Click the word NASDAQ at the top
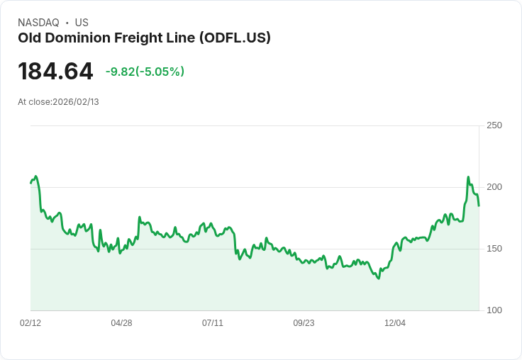point(38,23)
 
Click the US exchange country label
point(82,23)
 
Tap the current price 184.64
point(55,72)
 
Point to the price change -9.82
point(119,72)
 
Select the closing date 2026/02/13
point(76,102)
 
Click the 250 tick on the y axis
point(494,125)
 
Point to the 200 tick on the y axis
point(494,187)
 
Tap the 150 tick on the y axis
point(494,249)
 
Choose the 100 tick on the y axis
point(494,310)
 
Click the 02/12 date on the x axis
point(30,323)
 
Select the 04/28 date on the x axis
point(121,323)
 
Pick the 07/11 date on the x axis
point(213,323)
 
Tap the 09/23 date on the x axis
point(304,323)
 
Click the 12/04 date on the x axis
point(395,323)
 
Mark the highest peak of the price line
point(468,177)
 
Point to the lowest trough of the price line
point(379,279)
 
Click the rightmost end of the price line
point(479,206)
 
